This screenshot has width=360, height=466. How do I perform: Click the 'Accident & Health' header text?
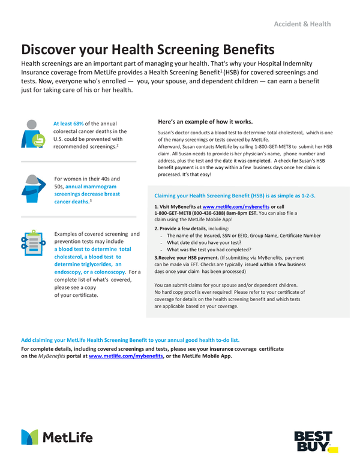302,24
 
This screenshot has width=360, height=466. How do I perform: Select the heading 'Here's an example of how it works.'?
205,121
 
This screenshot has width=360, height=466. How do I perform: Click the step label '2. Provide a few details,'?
183,229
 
